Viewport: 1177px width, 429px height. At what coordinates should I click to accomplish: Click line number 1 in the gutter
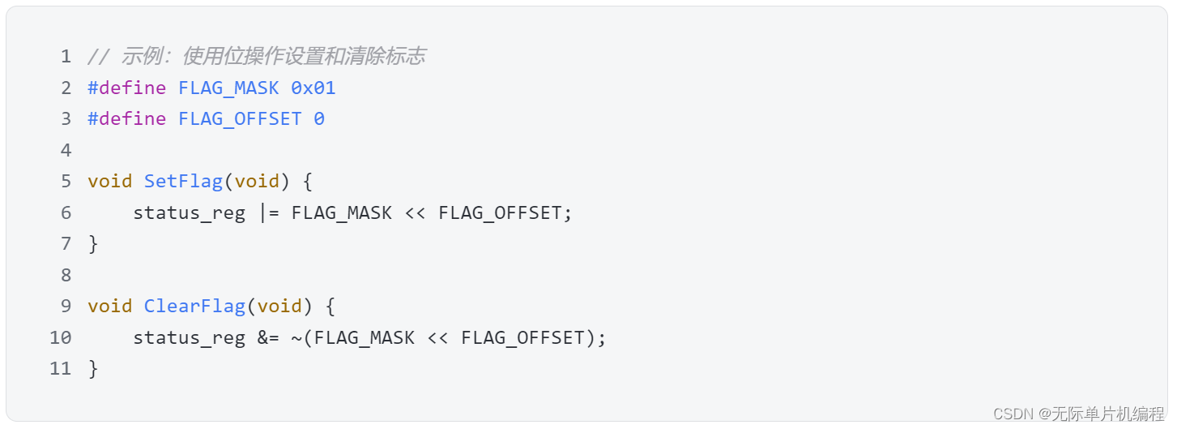66,57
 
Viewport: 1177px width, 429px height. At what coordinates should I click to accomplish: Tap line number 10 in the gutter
61,337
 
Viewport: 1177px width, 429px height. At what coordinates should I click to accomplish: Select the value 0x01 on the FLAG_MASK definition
313,88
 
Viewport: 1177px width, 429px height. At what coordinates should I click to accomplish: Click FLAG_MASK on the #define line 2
228,88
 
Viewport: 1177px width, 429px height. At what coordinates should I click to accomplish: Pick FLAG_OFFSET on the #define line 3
240,119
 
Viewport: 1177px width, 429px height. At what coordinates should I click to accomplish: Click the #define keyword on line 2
126,88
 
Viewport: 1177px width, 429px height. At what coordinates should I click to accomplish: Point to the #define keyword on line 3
126,119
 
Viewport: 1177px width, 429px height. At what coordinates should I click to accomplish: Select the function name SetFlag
183,181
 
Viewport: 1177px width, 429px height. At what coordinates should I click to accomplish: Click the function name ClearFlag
194,306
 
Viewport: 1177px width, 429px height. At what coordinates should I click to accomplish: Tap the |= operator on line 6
269,212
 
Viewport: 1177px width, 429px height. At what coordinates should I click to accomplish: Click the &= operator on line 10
269,337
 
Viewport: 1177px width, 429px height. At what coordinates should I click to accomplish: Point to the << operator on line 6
416,212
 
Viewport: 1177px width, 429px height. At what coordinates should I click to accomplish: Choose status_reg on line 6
189,212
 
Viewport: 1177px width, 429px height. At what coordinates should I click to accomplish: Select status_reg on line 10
189,337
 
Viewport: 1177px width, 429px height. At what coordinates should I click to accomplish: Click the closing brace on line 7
93,243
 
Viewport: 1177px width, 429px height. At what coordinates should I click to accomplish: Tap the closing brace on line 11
93,368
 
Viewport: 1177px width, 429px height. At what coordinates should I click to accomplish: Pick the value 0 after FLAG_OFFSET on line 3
319,119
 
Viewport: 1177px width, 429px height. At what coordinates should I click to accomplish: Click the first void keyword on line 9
109,306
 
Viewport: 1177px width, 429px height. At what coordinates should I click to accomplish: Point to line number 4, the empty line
66,150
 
